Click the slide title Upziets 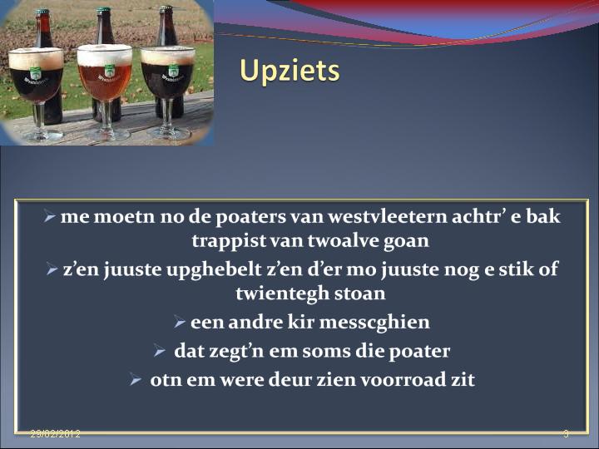click(290, 71)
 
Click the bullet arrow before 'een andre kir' click(179, 322)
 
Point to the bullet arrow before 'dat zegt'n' click(159, 351)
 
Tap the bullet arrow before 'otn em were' click(136, 379)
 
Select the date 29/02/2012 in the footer click(56, 434)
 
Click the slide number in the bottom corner click(567, 434)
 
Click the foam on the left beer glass click(36, 58)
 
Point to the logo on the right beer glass click(173, 72)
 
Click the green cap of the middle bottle click(103, 11)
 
